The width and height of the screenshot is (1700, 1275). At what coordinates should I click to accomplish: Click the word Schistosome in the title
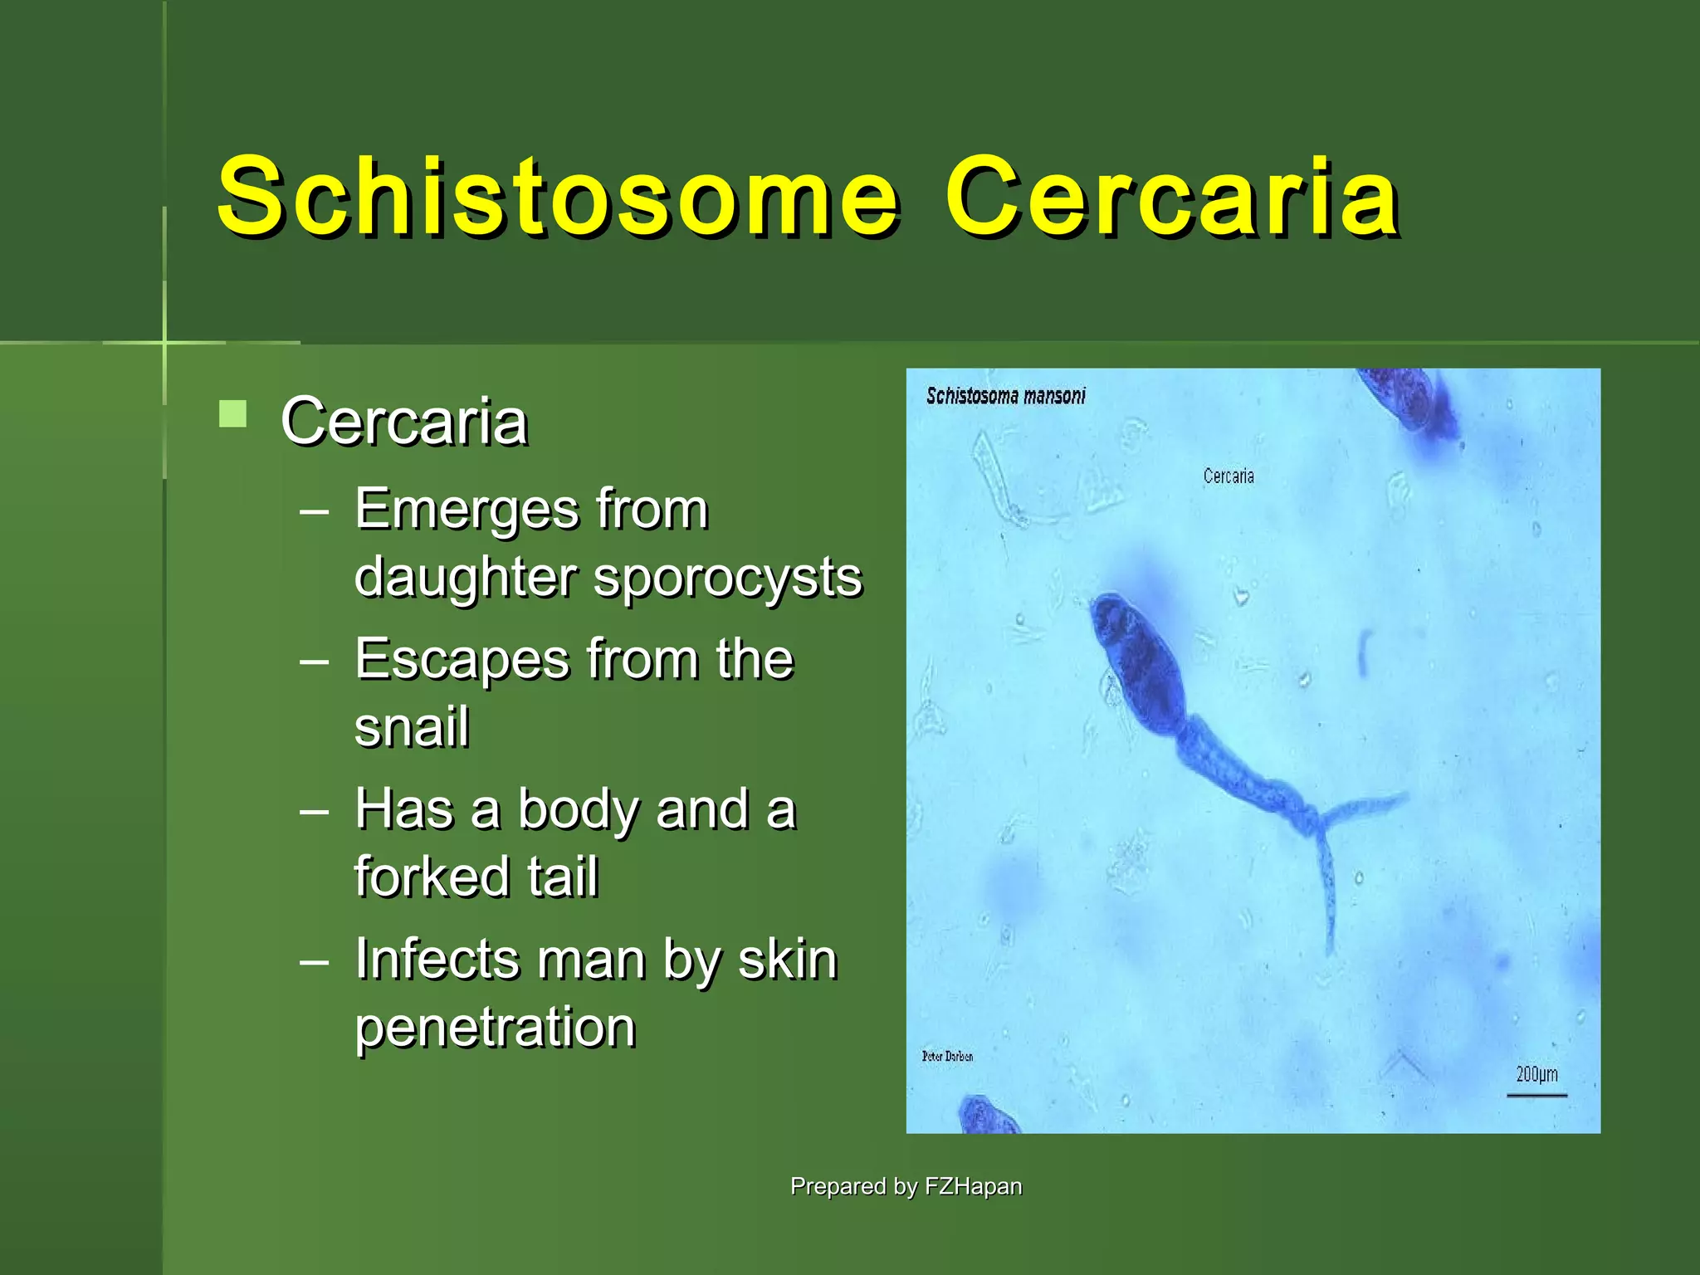coord(558,198)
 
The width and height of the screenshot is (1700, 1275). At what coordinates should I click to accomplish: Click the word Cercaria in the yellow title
coord(1172,198)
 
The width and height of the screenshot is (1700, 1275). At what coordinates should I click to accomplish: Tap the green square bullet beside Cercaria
coord(233,413)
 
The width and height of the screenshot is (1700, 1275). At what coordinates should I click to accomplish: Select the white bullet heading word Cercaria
coord(404,421)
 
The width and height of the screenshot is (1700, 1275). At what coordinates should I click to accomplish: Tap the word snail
coord(412,727)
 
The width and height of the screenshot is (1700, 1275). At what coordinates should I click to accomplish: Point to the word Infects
coord(437,960)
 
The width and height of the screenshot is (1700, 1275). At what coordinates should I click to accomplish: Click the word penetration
coord(495,1028)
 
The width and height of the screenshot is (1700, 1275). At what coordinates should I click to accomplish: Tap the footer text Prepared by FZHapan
coord(906,1186)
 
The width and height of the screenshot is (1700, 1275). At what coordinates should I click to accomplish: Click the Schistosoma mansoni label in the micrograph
coord(1005,396)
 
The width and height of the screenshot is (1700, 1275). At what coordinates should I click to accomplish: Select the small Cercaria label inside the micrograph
coord(1229,476)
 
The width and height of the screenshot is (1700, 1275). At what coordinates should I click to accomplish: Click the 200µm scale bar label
coord(1536,1074)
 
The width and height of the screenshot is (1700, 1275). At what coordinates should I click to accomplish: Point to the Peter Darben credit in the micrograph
coord(947,1056)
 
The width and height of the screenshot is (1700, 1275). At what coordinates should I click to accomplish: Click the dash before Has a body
coord(315,811)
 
